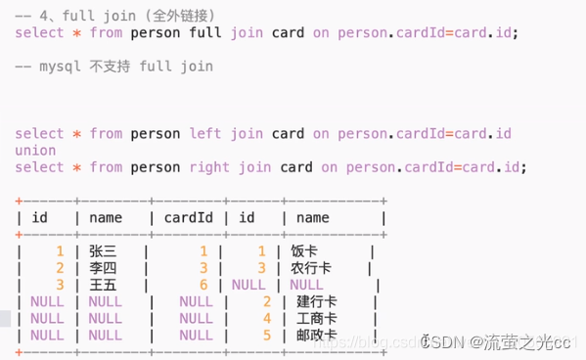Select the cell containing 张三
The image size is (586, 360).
(x=103, y=251)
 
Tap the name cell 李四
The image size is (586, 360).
(x=103, y=268)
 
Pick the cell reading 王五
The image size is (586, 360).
(x=103, y=285)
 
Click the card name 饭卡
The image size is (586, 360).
(x=304, y=251)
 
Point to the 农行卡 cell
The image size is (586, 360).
(x=311, y=268)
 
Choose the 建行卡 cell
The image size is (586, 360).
(x=318, y=301)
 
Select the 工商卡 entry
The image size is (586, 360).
(x=318, y=318)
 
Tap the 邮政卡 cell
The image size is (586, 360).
(x=318, y=335)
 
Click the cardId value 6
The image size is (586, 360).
(x=203, y=285)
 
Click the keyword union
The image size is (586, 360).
(x=35, y=151)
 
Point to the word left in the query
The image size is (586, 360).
(x=205, y=134)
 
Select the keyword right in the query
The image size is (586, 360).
(x=210, y=167)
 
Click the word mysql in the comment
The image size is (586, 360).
(x=60, y=67)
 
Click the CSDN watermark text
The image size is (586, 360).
(x=445, y=341)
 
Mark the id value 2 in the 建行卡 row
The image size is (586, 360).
(x=266, y=301)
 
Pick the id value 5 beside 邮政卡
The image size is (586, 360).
(x=266, y=335)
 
